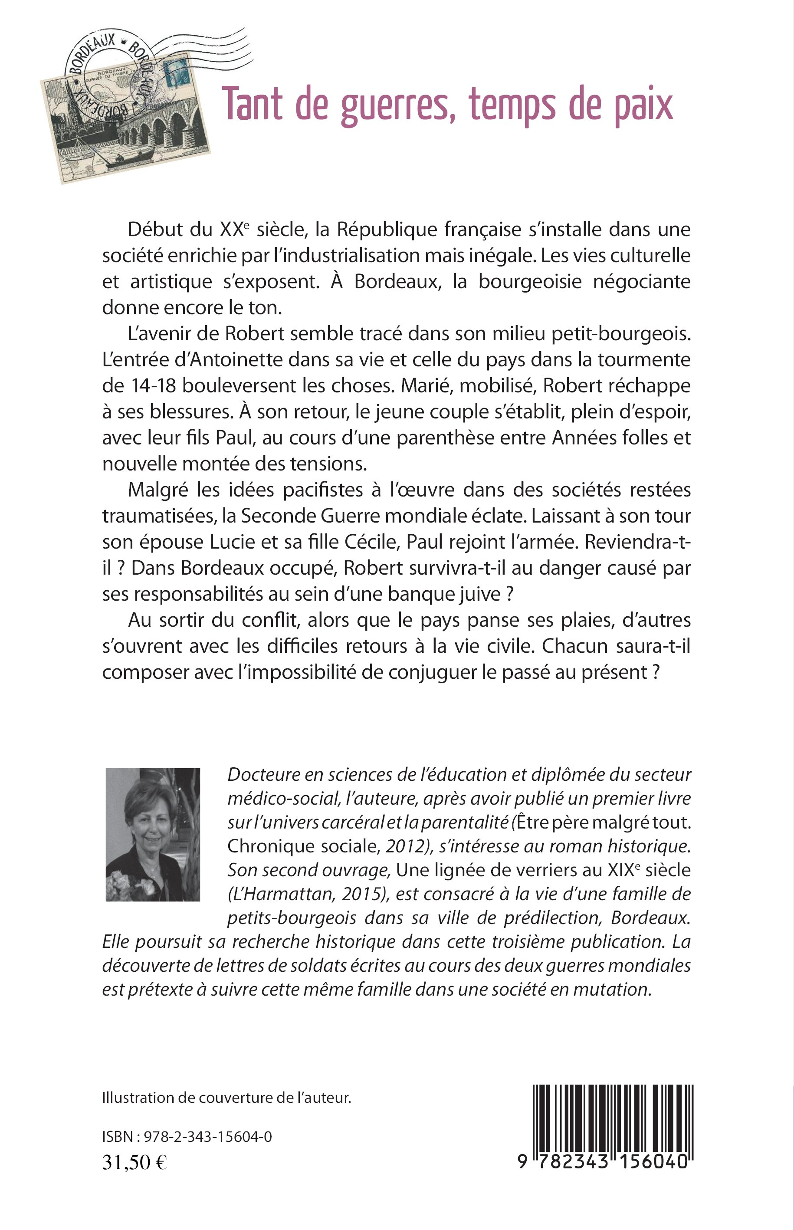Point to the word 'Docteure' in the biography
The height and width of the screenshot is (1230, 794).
(x=259, y=775)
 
